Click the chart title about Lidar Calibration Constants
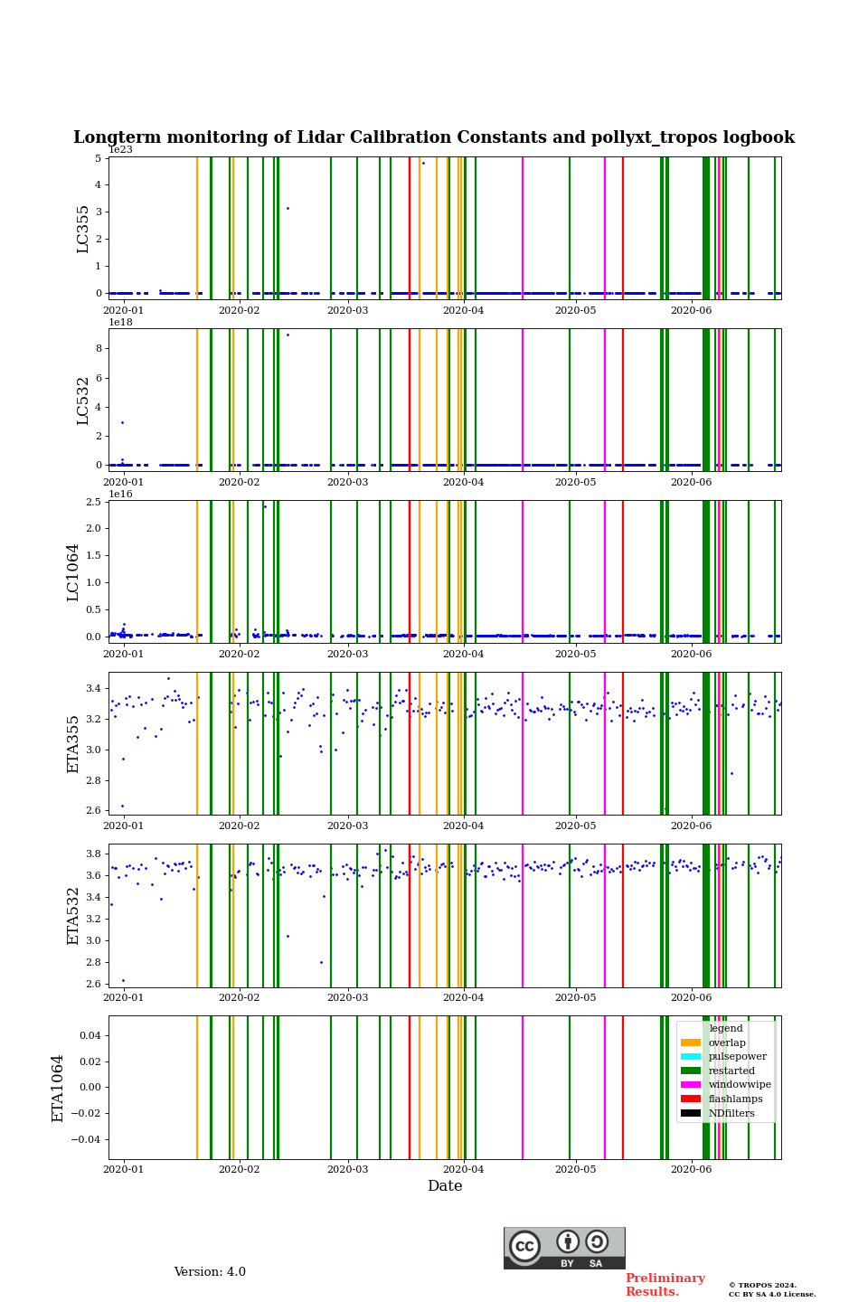434,137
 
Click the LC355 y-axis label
83,229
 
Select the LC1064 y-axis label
73,572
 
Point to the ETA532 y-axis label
73,916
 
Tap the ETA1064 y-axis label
58,1088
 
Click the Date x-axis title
445,1186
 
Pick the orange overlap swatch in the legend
691,1043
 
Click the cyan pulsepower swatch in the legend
691,1057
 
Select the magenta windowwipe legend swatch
691,1085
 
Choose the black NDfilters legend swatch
691,1113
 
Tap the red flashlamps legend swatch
691,1099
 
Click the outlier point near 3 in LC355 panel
288,208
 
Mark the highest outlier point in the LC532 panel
288,335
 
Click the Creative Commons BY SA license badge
564,1248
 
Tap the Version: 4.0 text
210,1272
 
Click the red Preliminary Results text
665,1285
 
